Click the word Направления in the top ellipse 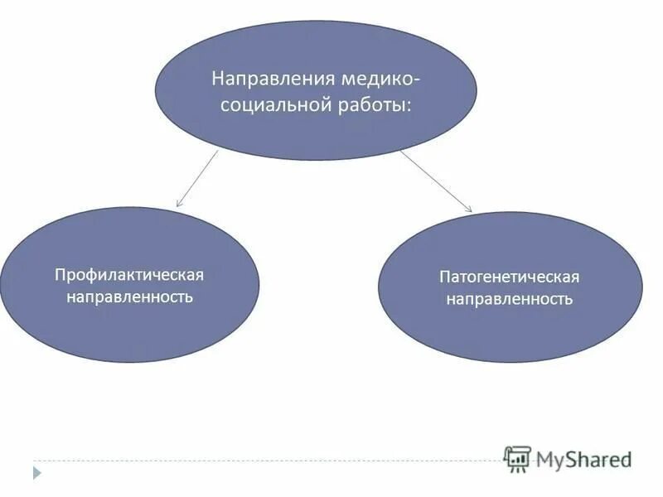coord(262,80)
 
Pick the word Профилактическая coord(129,273)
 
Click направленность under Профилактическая coord(129,296)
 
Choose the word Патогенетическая coord(509,277)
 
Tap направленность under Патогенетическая coord(509,298)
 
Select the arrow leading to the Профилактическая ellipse coord(197,178)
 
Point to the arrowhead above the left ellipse coord(179,203)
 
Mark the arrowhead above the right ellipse coord(468,209)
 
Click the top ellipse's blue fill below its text coord(315,137)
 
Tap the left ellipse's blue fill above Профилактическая coord(129,236)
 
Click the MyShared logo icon coord(517,459)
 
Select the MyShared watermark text coord(583,458)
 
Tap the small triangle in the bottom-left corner coord(36,473)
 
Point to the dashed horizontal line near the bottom coord(249,461)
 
